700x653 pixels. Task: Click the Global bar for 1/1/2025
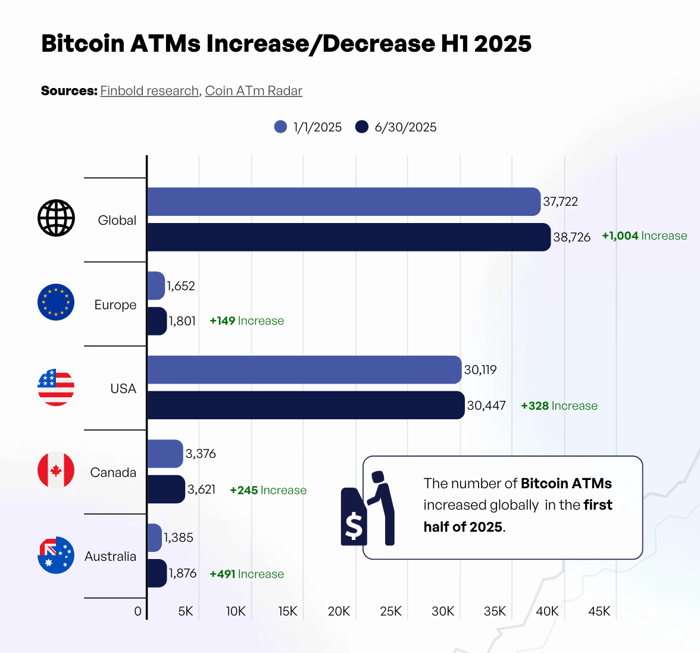click(343, 202)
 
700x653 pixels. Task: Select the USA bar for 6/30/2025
click(305, 405)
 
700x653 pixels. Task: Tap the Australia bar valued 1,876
click(157, 573)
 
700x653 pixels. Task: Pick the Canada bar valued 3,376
click(165, 454)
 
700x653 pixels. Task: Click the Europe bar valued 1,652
click(156, 286)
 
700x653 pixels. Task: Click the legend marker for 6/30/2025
click(362, 127)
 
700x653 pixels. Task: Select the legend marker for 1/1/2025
click(280, 127)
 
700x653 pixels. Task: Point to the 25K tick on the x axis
click(391, 611)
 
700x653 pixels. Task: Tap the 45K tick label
click(599, 611)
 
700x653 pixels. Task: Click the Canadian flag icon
click(56, 470)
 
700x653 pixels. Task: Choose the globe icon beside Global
click(56, 218)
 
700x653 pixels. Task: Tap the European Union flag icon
click(56, 302)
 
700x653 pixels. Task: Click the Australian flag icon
click(56, 555)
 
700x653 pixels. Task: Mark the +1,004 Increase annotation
click(644, 236)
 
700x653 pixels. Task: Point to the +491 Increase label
click(246, 574)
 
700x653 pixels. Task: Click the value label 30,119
click(480, 370)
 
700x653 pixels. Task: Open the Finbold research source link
click(149, 91)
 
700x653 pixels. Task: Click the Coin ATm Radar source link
click(254, 91)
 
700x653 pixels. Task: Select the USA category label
click(123, 388)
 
